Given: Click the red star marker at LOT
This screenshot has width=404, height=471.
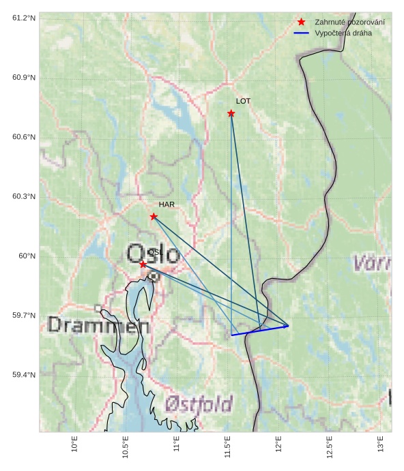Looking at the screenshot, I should tap(231, 113).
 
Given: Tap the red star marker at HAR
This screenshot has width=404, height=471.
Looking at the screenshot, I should tap(154, 217).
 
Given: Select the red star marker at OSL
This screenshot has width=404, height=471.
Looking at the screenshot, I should tap(143, 264).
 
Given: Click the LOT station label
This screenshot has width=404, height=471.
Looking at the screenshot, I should tap(244, 101).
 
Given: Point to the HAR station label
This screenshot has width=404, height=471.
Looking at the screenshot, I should tap(167, 204).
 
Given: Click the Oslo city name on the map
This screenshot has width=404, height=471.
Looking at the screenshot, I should tap(154, 254).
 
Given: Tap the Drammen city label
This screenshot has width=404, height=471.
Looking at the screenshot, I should tap(98, 325).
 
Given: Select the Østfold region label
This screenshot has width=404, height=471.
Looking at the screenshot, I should tap(199, 404).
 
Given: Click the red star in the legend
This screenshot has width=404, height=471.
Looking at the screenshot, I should tap(301, 22).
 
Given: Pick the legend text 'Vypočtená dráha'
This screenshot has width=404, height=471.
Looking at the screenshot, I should tap(343, 33).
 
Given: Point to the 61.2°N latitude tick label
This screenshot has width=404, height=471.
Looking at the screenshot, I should tap(24, 18).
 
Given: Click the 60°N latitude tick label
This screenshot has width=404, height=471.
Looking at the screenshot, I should tap(27, 256).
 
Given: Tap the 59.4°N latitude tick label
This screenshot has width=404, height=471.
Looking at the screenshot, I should tap(24, 375).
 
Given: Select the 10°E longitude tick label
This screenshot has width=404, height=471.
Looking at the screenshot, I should tap(74, 444).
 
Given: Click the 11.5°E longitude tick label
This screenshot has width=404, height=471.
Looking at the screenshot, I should tap(227, 445).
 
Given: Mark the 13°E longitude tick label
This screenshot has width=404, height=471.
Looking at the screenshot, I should tap(380, 444).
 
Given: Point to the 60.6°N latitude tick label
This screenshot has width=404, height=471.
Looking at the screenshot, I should tap(24, 137).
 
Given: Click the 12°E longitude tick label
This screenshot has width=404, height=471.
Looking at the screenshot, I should tap(278, 444).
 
